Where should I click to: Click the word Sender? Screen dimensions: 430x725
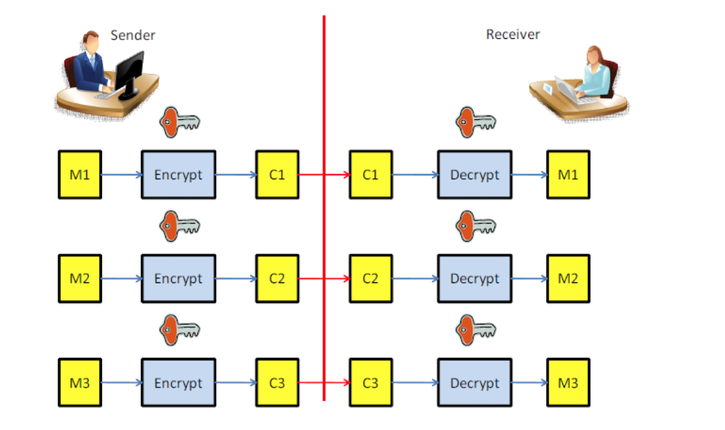(133, 35)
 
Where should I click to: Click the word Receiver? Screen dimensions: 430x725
(513, 35)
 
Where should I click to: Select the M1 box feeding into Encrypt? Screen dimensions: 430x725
(80, 175)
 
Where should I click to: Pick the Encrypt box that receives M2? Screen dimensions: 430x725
(179, 279)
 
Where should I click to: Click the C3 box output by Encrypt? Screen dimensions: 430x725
(277, 383)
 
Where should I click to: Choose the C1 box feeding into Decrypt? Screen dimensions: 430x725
(371, 175)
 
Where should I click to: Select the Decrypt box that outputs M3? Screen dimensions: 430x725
(474, 383)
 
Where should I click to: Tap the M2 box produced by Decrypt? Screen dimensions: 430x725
(568, 279)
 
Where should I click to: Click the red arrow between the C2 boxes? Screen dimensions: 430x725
(324, 279)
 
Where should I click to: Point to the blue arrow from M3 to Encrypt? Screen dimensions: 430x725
(121, 383)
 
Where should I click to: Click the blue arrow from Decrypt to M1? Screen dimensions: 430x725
(528, 175)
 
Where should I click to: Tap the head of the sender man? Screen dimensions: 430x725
(91, 43)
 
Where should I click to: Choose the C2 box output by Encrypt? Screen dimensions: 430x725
(277, 279)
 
